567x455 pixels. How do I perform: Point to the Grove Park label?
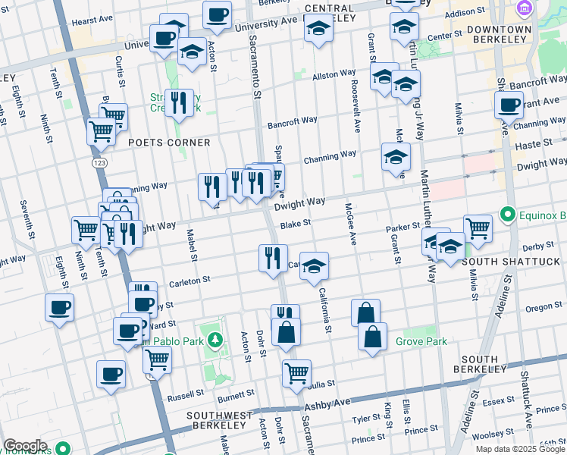[x=421, y=341]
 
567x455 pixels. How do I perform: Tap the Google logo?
[x=25, y=446]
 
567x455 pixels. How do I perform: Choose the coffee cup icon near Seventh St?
[x=59, y=308]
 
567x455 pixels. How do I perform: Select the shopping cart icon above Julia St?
[x=296, y=372]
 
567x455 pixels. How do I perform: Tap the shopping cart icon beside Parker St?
[x=478, y=227]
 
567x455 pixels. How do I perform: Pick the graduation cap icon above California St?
[x=315, y=265]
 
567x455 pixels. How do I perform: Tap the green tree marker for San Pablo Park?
[x=215, y=340]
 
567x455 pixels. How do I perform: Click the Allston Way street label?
[x=334, y=74]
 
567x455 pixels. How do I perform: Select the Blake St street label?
[x=296, y=224]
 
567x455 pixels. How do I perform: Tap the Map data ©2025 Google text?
[x=520, y=449]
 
